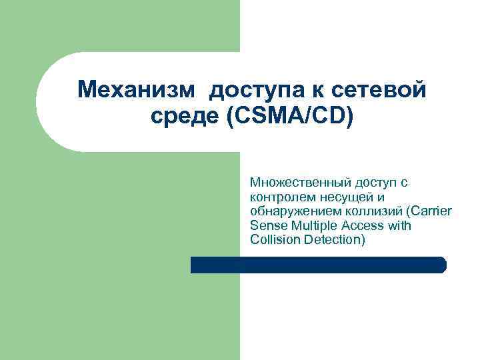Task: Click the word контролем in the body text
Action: click(x=278, y=196)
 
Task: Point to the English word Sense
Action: click(x=265, y=225)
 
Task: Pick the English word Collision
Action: click(x=274, y=240)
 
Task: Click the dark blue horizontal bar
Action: click(x=318, y=265)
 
